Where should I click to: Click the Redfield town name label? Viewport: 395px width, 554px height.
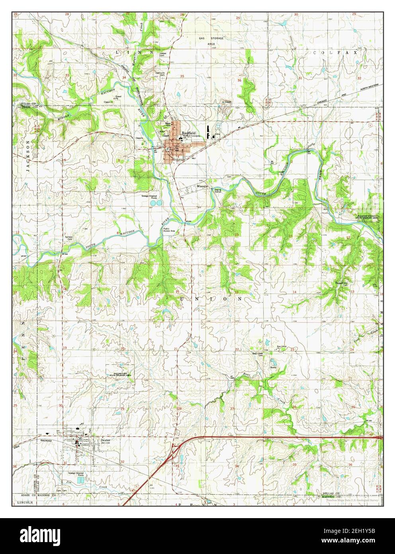(189, 133)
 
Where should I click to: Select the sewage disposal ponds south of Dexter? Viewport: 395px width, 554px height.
(82, 480)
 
